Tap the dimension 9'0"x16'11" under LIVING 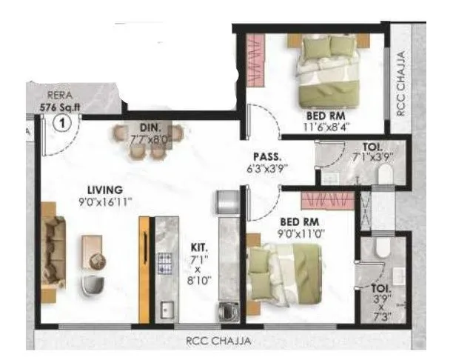pyautogui.click(x=103, y=202)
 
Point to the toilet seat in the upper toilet pyautogui.click(x=383, y=174)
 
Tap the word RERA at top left pyautogui.click(x=60, y=95)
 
